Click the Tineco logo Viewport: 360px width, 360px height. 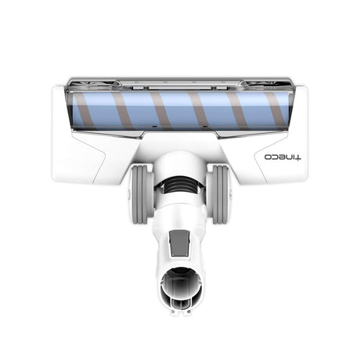click(x=283, y=157)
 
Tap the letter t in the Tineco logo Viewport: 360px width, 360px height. click(x=298, y=157)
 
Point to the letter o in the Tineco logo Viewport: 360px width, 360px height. click(x=268, y=157)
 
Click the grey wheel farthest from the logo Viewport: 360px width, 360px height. click(x=141, y=195)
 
